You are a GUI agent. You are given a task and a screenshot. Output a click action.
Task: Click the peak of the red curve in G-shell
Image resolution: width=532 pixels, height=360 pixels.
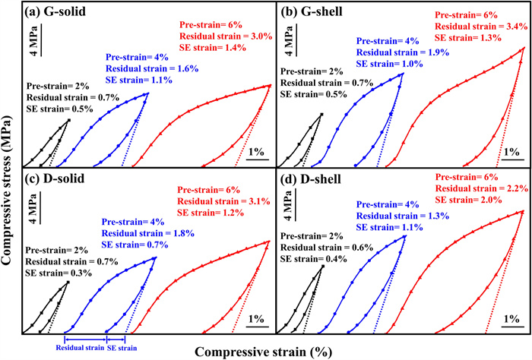pyautogui.click(x=524, y=49)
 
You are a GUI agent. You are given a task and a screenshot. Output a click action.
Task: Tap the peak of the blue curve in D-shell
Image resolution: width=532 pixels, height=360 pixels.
pyautogui.click(x=405, y=235)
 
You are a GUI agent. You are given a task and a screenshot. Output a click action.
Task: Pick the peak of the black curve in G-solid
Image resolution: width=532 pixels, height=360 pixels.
pyautogui.click(x=69, y=120)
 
